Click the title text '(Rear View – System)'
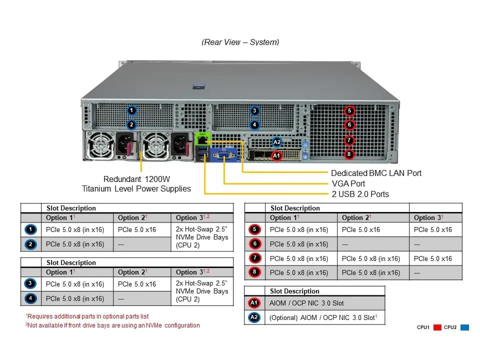(240, 42)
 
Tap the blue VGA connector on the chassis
(224, 155)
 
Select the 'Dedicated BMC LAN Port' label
(376, 173)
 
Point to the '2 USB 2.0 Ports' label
(360, 194)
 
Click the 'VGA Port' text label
(348, 183)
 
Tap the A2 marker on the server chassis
(276, 142)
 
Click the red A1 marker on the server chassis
(276, 155)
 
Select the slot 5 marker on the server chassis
(349, 111)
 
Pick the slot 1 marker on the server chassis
(131, 110)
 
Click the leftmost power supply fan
(99, 146)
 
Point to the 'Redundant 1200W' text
(136, 179)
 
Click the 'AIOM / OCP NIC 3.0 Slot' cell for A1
(306, 303)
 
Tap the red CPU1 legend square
(437, 327)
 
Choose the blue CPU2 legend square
(464, 327)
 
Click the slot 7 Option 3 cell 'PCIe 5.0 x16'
(433, 258)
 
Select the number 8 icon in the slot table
(254, 272)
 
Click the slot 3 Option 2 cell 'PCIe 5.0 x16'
(137, 284)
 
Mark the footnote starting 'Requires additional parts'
(87, 316)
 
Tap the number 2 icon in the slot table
(30, 244)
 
